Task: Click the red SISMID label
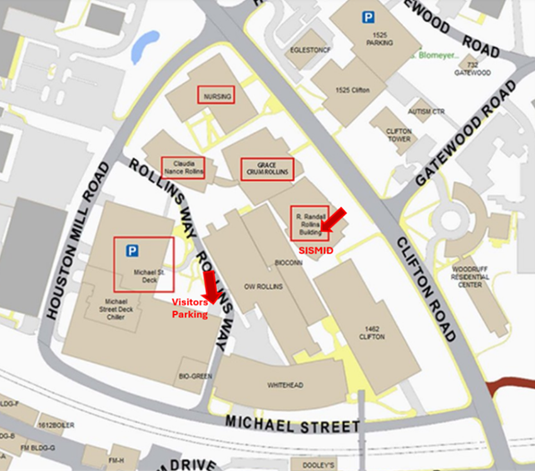[x=315, y=251]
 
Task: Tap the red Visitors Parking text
[x=190, y=309]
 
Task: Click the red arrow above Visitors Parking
[x=211, y=287]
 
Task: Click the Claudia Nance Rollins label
[x=183, y=167]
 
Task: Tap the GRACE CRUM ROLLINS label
[x=266, y=168]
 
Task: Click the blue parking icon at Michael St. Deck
[x=132, y=251]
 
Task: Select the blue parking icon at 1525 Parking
[x=367, y=17]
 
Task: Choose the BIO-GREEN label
[x=196, y=376]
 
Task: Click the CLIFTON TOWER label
[x=399, y=135]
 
